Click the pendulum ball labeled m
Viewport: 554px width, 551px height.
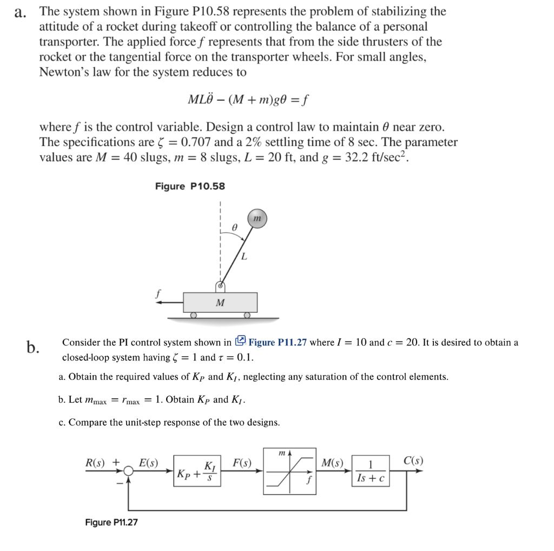[257, 218]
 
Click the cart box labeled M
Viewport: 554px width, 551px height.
[220, 302]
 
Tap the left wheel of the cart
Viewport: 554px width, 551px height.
[193, 314]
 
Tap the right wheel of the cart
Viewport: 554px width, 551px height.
[247, 314]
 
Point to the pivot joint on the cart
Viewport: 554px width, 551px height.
[220, 286]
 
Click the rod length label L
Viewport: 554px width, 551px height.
[245, 257]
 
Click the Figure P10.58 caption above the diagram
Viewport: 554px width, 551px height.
[190, 186]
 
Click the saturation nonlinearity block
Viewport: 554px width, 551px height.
[289, 471]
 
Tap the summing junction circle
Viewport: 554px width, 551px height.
[128, 471]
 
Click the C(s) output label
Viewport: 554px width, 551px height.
[413, 461]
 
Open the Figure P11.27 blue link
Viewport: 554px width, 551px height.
[278, 342]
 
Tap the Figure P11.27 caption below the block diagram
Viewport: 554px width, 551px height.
[111, 522]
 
